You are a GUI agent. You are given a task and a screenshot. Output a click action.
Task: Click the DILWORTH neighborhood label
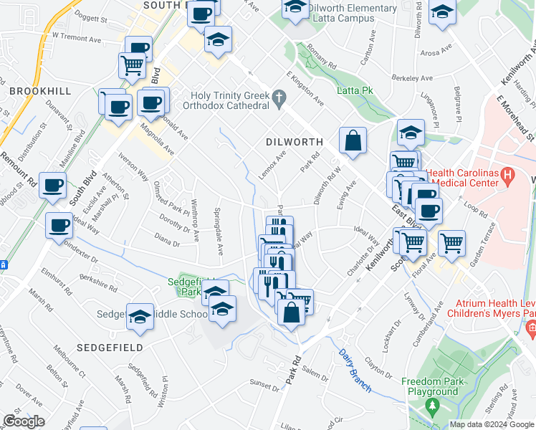pyautogui.click(x=295, y=142)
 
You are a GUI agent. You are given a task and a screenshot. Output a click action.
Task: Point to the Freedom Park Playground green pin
pyautogui.click(x=431, y=406)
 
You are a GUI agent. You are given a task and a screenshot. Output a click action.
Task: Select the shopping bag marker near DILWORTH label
pyautogui.click(x=353, y=141)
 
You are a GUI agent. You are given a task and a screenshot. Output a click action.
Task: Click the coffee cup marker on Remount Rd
pyautogui.click(x=52, y=186)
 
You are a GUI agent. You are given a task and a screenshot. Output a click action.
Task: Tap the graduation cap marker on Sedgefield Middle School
pyautogui.click(x=140, y=316)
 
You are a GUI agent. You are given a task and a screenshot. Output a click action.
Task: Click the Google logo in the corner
pyautogui.click(x=24, y=421)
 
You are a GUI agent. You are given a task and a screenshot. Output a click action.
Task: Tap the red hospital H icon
pyautogui.click(x=507, y=173)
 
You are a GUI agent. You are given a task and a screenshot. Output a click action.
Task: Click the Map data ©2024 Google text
pyautogui.click(x=492, y=424)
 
